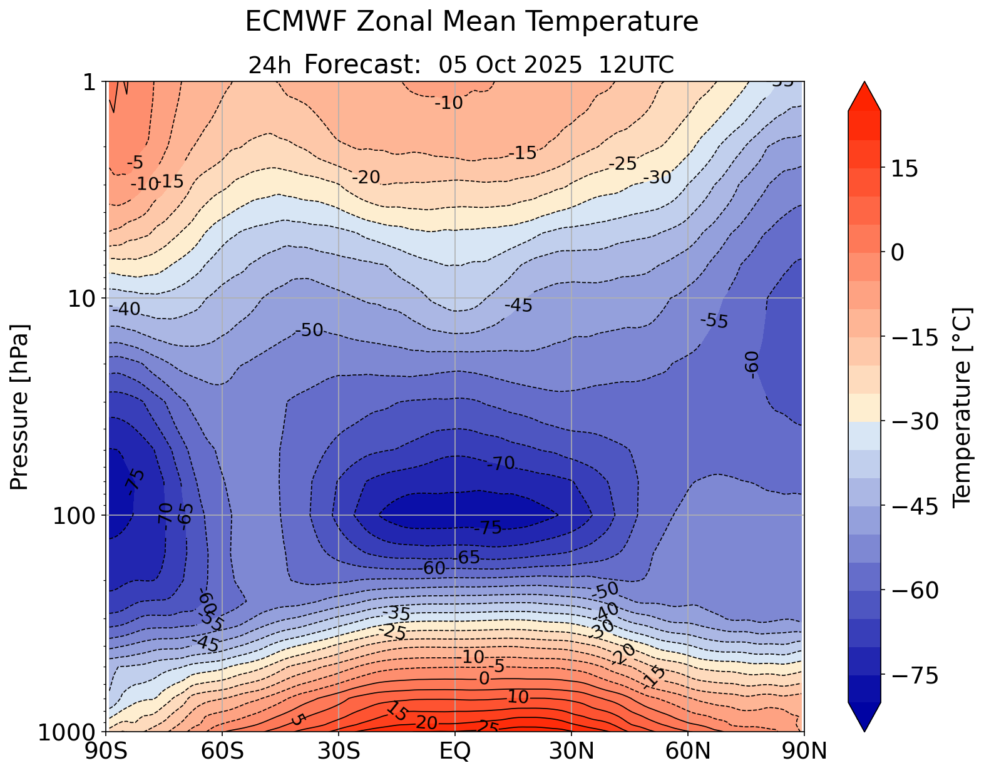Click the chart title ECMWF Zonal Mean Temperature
pyautogui.click(x=471, y=23)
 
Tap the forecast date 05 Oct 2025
pyautogui.click(x=510, y=65)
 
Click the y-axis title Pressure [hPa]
pyautogui.click(x=20, y=407)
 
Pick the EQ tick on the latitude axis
pyautogui.click(x=455, y=750)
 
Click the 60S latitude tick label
pyautogui.click(x=222, y=750)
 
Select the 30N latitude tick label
pyautogui.click(x=571, y=750)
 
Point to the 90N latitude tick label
pyautogui.click(x=804, y=750)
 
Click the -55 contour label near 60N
pyautogui.click(x=714, y=322)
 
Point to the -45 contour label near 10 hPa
pyautogui.click(x=518, y=306)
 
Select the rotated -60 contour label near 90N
pyautogui.click(x=752, y=364)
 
